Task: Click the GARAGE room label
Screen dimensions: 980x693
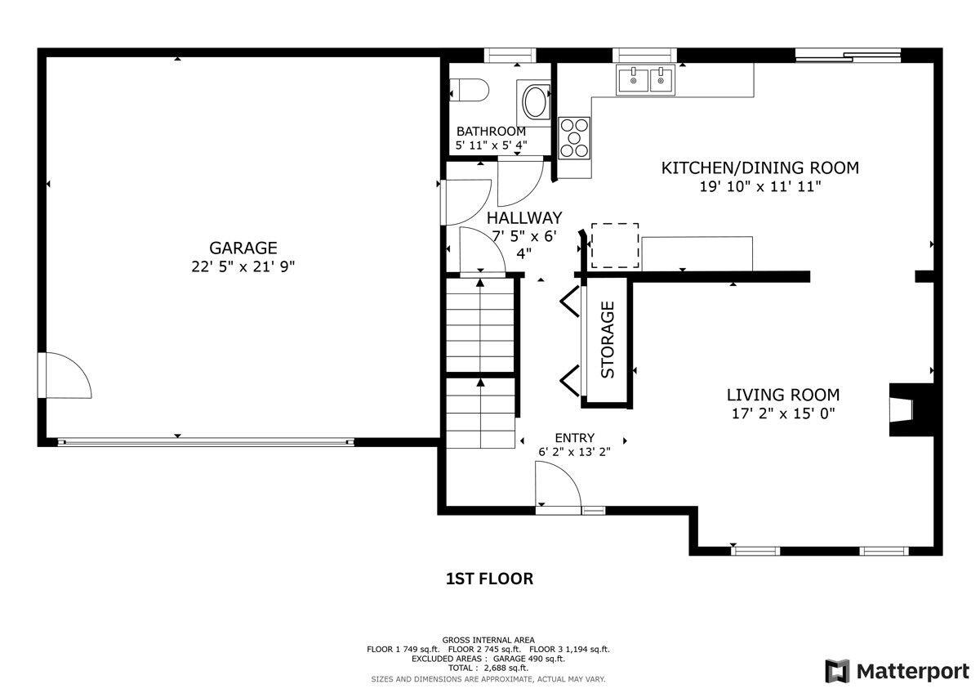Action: [243, 248]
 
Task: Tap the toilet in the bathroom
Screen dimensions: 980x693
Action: [469, 90]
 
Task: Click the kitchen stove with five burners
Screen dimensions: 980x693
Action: [574, 138]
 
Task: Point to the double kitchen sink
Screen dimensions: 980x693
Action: [646, 79]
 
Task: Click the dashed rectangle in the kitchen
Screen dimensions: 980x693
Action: [615, 245]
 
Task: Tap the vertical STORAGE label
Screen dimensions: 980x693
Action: [608, 340]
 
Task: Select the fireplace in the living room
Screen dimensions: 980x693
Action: [911, 409]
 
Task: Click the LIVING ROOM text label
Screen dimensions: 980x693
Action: [782, 395]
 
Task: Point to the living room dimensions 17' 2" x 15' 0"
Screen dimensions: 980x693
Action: [783, 414]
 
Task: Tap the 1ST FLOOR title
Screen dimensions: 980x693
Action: [489, 579]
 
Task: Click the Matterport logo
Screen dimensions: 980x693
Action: [897, 671]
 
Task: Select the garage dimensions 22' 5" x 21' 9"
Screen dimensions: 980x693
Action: [243, 266]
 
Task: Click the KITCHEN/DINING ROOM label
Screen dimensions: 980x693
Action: [760, 168]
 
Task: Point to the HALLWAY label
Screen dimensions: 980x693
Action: [524, 217]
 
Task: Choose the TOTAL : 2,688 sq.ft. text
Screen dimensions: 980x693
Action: [488, 668]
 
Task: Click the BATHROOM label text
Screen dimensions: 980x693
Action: [491, 132]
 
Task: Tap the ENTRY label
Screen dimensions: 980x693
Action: [574, 438]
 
